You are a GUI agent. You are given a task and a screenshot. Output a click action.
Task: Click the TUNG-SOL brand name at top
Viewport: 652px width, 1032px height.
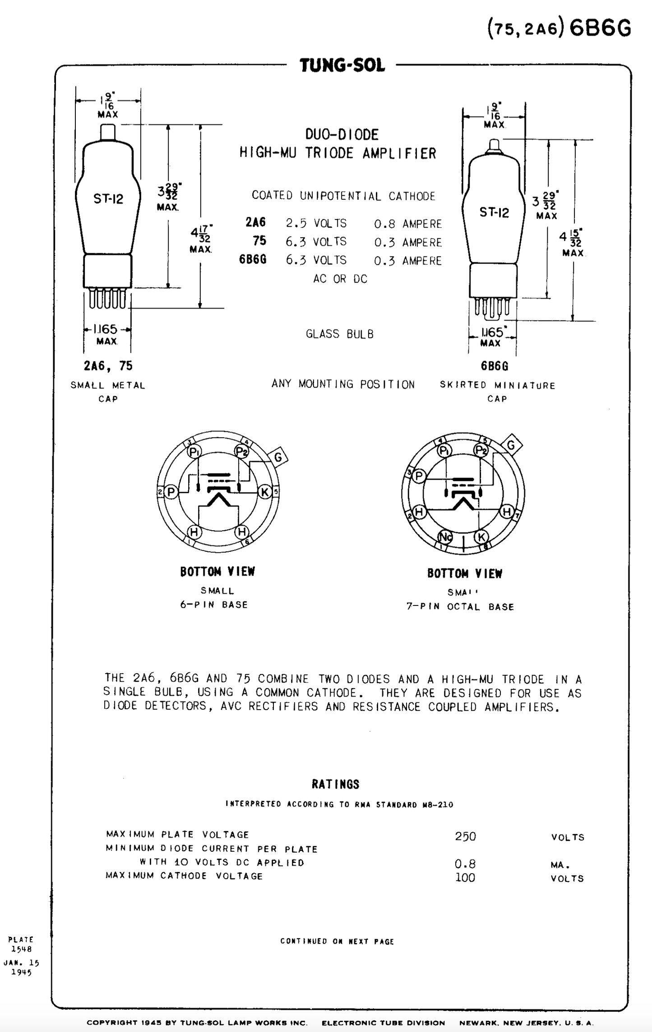coord(342,65)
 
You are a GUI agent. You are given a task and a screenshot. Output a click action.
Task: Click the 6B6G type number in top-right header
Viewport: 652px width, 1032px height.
coord(600,28)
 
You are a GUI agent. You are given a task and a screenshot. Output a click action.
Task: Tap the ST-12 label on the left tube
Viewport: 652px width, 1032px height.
coord(108,198)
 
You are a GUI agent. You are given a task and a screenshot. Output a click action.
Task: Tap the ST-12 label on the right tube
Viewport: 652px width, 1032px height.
coord(494,212)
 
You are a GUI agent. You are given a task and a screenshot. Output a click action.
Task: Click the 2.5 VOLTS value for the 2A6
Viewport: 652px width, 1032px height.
coord(316,223)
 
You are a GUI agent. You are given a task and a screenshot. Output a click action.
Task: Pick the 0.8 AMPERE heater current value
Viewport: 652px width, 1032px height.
coord(407,224)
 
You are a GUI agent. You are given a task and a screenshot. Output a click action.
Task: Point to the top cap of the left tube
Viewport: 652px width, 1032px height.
coord(107,132)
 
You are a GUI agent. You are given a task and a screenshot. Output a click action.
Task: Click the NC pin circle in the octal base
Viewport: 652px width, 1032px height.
coord(445,537)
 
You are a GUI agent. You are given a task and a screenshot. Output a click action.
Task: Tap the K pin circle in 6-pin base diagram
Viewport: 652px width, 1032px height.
coord(265,492)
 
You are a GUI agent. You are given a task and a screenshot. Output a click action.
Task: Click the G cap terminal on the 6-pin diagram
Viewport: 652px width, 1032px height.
coord(278,457)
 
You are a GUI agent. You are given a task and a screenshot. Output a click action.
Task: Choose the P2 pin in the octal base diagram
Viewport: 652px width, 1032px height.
coord(481,450)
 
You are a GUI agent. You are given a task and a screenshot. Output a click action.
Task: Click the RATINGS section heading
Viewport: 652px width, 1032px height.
coord(335,784)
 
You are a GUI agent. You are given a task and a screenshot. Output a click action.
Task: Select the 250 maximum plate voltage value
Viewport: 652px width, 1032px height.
coord(465,836)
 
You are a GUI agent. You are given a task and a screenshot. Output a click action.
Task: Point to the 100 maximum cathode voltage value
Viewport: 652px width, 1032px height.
coord(465,877)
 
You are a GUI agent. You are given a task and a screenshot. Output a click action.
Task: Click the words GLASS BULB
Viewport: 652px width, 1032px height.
coord(340,334)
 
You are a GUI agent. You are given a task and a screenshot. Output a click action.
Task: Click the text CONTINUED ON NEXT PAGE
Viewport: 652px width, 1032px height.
coord(337,941)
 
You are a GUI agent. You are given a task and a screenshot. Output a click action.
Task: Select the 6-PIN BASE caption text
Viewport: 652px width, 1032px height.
coord(214,605)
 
